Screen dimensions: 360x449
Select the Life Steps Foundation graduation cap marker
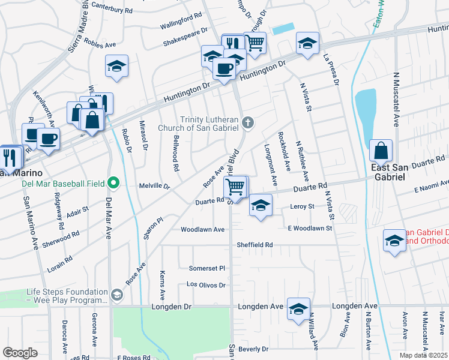pyautogui.click(x=116, y=295)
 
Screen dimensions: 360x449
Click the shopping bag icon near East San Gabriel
pyautogui.click(x=381, y=151)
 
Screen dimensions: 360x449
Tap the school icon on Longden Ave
pyautogui.click(x=298, y=309)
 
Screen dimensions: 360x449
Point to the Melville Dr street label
pyautogui.click(x=155, y=186)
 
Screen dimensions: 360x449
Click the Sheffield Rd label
pyautogui.click(x=255, y=245)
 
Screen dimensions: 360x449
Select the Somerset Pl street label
pyautogui.click(x=206, y=268)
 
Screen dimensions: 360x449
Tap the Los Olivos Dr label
pyautogui.click(x=206, y=284)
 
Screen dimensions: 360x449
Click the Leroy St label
pyautogui.click(x=302, y=206)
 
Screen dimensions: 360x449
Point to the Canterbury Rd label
pyautogui.click(x=112, y=10)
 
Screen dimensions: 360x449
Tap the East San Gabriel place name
pyautogui.click(x=382, y=172)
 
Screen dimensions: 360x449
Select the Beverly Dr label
pyautogui.click(x=253, y=349)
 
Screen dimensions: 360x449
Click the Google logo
pyautogui.click(x=20, y=353)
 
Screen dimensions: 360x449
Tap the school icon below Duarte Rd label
pyautogui.click(x=261, y=206)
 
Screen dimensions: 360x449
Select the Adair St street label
pyautogui.click(x=77, y=212)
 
